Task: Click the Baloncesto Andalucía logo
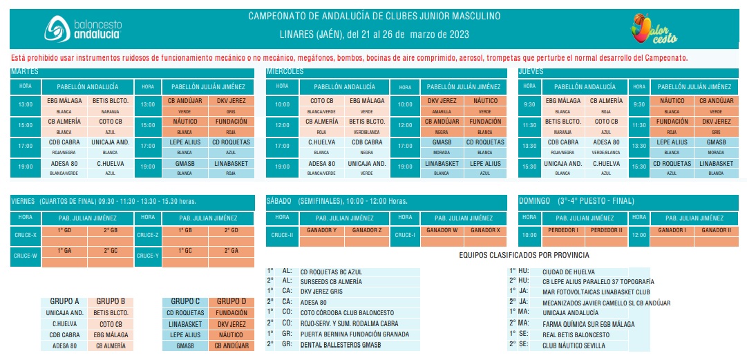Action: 83,28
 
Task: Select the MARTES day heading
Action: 25,71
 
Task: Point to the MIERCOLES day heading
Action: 285,71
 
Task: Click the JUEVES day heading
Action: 531,71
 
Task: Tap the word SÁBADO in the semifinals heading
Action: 280,201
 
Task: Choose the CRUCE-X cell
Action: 26,235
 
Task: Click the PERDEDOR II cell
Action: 607,230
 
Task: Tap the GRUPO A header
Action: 65,301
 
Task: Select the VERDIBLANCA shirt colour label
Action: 366,131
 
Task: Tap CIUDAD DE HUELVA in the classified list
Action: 569,272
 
